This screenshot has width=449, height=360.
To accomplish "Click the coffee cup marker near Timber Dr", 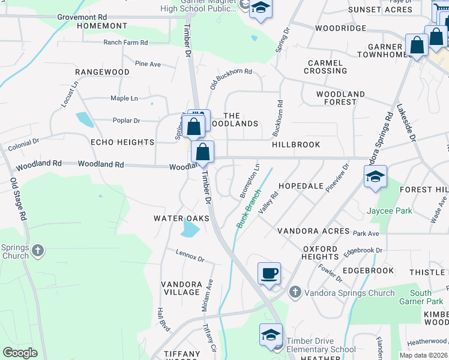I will tap(269, 273).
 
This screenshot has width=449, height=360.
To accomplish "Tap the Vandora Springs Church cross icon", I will tap(295, 292).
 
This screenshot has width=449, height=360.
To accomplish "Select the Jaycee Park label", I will tap(390, 211).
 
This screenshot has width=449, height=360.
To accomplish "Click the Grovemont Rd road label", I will tap(82, 17).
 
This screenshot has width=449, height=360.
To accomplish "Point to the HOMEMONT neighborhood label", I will tap(103, 26).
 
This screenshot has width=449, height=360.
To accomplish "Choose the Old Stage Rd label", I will tap(19, 199).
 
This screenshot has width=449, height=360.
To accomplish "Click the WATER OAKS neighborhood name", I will tap(181, 218).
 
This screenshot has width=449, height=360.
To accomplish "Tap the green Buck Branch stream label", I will tap(249, 209).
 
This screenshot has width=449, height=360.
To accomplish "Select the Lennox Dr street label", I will tap(191, 256).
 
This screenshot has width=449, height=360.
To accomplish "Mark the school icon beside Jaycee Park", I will tap(375, 176).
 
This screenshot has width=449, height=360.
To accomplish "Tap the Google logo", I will tap(20, 353).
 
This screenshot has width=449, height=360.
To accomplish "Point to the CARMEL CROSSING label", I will tap(325, 67).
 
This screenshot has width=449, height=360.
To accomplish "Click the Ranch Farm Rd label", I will tap(125, 43).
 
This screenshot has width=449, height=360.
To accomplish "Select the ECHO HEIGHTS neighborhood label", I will tap(122, 142).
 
